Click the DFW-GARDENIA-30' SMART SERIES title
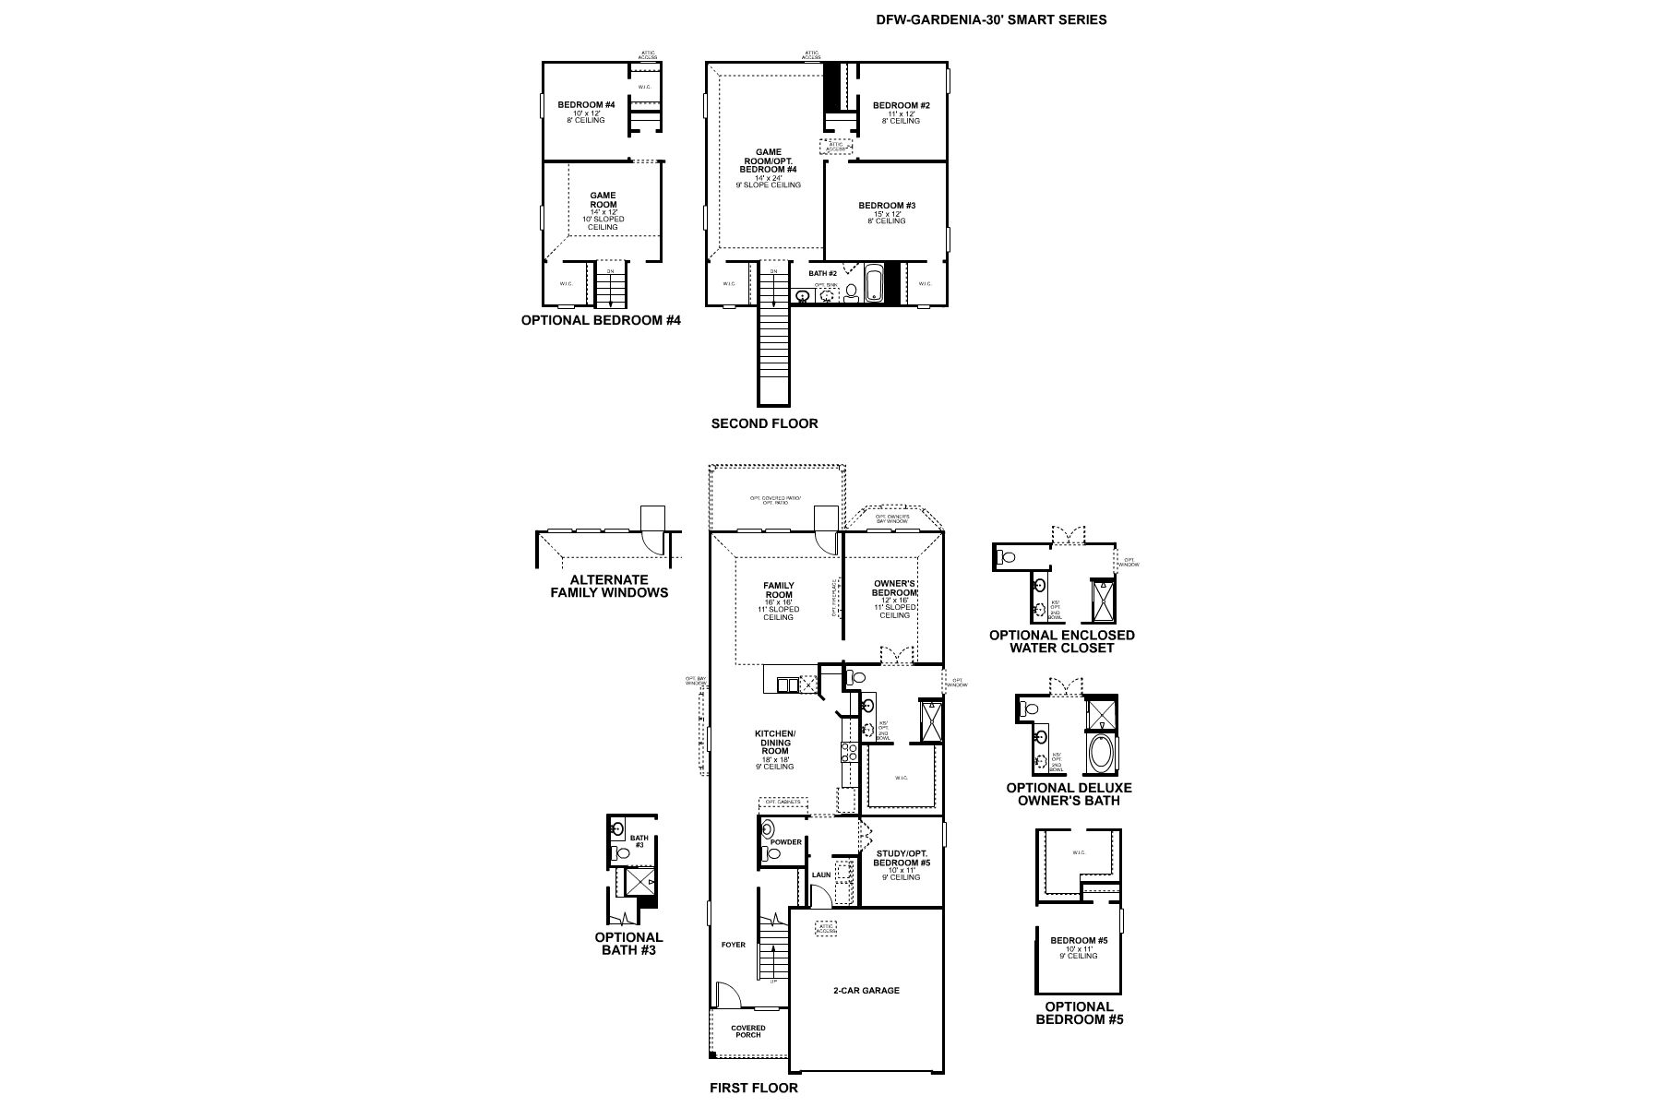point(991,19)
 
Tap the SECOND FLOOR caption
point(764,423)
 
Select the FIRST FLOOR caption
point(753,1088)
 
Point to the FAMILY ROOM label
point(779,589)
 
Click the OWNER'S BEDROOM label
point(894,588)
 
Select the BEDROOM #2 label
point(901,106)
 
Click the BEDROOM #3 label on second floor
point(886,206)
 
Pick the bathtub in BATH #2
point(874,285)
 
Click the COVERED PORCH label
point(748,1031)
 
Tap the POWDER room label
point(786,841)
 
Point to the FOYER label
point(733,945)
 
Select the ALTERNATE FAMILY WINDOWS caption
point(609,586)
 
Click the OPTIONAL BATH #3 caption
point(628,943)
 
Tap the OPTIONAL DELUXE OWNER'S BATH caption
point(1069,793)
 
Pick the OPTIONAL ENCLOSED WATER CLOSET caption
point(1061,641)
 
